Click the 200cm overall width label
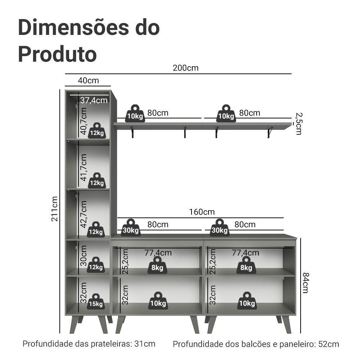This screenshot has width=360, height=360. point(185,68)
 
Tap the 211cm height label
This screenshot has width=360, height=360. point(54,209)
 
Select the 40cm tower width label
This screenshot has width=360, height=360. point(88,80)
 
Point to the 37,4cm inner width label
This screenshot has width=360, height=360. point(94,100)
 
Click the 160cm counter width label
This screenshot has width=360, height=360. point(202,212)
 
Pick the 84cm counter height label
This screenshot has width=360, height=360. point(305,283)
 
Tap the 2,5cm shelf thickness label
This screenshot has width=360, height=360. point(298,123)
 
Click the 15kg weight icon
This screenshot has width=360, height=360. point(96,301)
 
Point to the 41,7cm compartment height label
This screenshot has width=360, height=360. point(84,168)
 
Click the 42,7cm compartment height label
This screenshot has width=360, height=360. point(84,214)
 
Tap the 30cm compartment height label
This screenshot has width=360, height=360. point(83,256)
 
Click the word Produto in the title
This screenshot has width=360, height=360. point(57,54)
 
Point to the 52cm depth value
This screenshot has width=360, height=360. point(329,344)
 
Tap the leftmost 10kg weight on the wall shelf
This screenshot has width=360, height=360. point(135,114)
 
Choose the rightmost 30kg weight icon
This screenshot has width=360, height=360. point(220,228)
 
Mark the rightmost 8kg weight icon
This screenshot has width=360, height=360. point(246,265)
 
